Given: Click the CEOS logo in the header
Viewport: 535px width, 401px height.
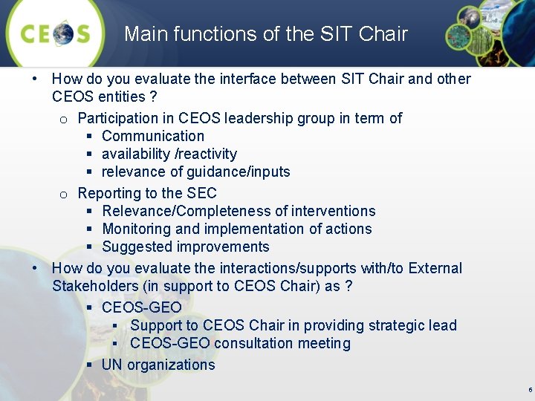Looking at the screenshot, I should [x=56, y=34].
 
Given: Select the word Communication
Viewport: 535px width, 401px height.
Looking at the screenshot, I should [x=153, y=136].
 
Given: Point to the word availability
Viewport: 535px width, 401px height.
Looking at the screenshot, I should [x=135, y=154].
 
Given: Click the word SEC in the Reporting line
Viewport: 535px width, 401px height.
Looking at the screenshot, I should [x=202, y=193].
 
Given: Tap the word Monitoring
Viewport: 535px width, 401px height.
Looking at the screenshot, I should [x=134, y=229].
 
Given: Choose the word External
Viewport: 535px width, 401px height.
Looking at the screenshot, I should [x=435, y=268].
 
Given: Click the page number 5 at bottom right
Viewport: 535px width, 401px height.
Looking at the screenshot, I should [x=529, y=390].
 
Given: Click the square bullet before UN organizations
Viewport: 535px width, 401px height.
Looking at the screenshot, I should [x=88, y=365].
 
